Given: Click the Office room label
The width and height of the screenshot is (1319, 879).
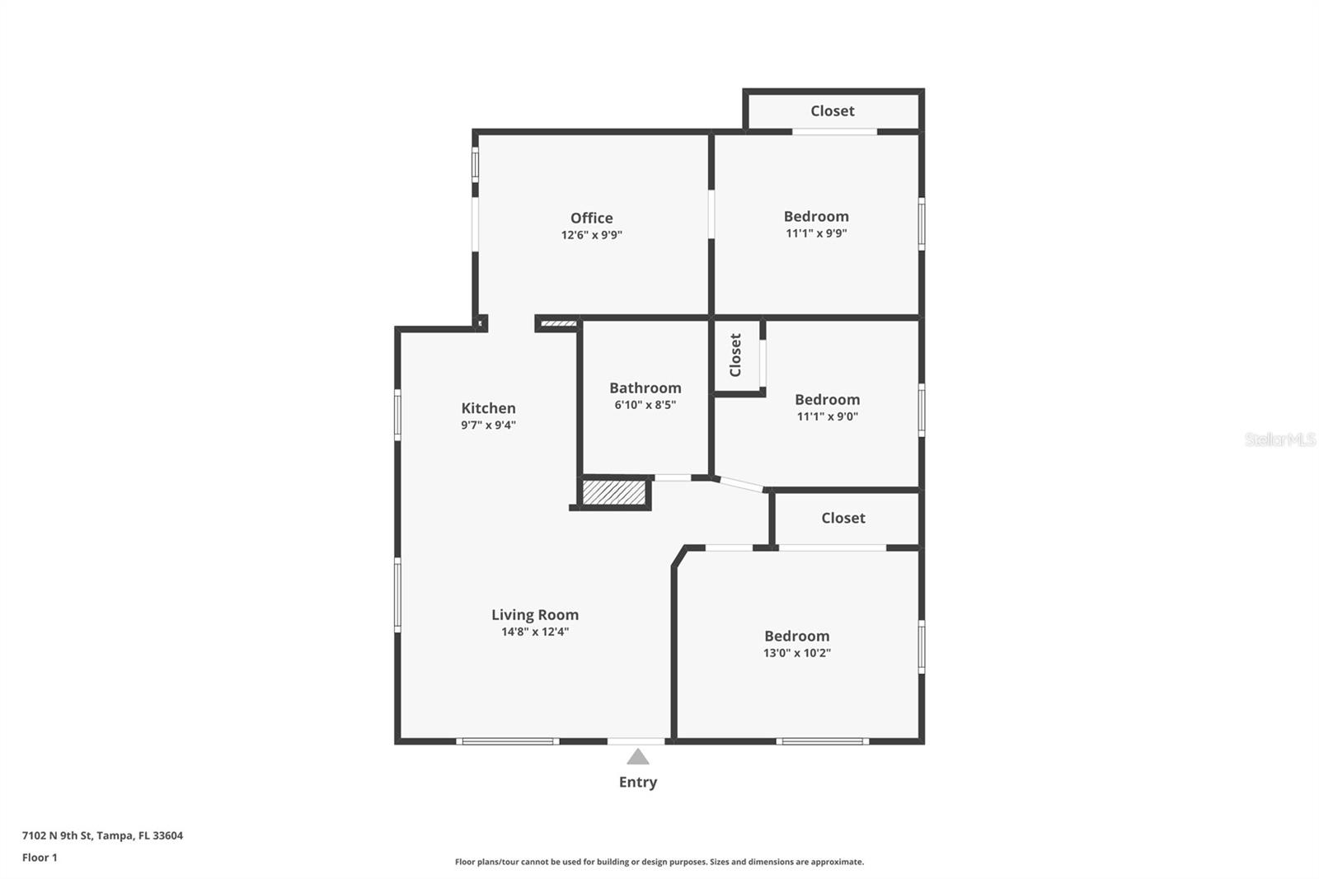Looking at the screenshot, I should click(x=591, y=218).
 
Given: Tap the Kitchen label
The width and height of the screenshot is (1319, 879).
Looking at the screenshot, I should click(x=488, y=408).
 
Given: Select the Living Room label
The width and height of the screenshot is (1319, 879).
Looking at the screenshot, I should click(x=535, y=614).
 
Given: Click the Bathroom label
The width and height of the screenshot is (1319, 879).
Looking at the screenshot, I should click(x=645, y=388).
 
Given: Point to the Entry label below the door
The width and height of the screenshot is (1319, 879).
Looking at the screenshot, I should click(x=638, y=782).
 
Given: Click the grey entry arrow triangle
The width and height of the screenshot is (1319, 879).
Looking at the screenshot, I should click(x=637, y=757).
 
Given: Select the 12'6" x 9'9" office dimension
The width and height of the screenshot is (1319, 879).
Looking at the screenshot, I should click(x=591, y=235).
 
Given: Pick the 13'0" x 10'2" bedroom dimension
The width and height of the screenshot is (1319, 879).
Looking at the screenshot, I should click(x=796, y=653).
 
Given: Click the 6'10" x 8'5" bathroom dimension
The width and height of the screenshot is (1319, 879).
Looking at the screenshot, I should click(x=645, y=405).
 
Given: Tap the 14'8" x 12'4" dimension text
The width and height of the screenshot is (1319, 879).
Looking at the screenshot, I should click(x=535, y=632).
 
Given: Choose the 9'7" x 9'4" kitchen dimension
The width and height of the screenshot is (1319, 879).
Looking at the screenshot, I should click(x=488, y=425).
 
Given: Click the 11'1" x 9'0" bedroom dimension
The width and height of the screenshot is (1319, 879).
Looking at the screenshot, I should click(x=827, y=416).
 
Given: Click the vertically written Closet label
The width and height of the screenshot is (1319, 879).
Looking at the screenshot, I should click(x=735, y=355).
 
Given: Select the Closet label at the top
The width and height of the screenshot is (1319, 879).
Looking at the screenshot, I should click(x=832, y=110).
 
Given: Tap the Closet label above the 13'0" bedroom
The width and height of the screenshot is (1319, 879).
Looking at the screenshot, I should click(x=843, y=518).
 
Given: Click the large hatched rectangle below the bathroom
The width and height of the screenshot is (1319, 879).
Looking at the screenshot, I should click(x=614, y=492).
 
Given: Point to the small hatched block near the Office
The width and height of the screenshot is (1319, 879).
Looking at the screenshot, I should click(x=558, y=323).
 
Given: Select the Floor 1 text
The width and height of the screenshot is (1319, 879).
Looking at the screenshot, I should click(x=40, y=858).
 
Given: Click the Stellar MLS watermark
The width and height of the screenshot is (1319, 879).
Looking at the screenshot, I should click(x=1279, y=439).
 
